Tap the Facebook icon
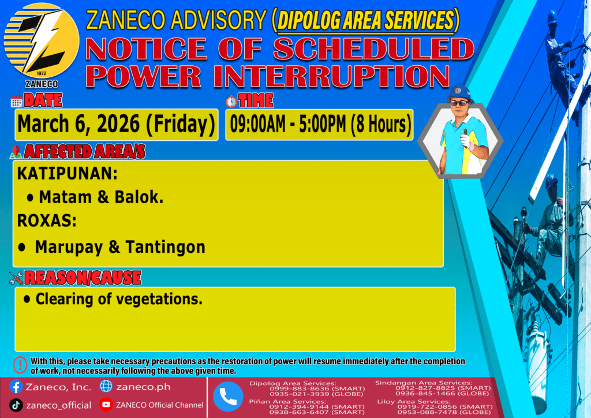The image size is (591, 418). pos(16,387)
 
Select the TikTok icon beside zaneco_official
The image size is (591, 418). pos(16,405)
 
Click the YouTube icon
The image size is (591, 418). pos(106,405)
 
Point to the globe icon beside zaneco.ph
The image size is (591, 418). pos(106,386)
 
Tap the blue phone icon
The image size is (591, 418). pos(228,397)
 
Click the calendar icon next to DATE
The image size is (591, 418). pos(16,102)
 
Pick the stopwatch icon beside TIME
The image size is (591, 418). pos(231,101)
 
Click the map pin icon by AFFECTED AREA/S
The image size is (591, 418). pos(16,152)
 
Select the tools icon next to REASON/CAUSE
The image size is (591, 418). pos(16,278)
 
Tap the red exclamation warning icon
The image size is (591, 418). pos(20,365)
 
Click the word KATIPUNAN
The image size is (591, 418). pos(67,173)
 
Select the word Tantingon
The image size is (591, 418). pos(165,247)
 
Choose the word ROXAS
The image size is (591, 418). pos(46,221)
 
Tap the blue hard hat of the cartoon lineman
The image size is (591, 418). pos(459,92)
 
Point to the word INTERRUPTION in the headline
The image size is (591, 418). pos(331,77)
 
